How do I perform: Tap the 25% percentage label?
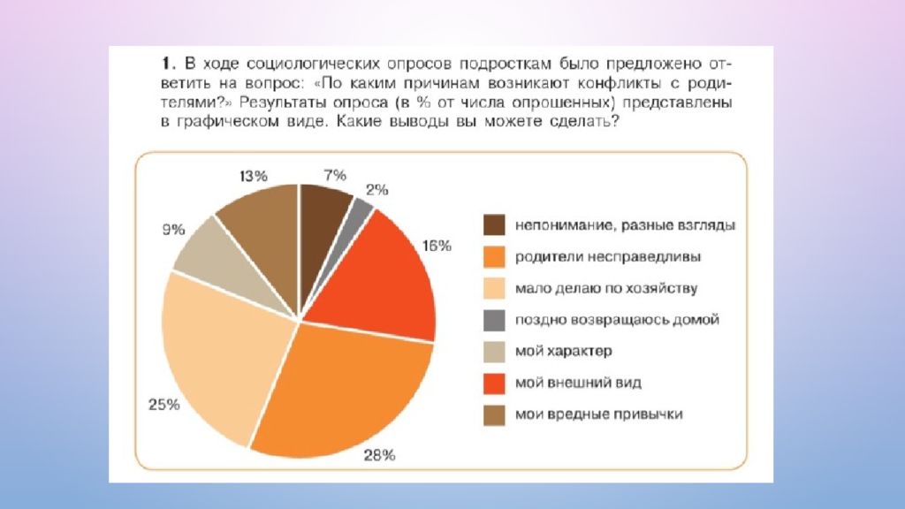[164, 405]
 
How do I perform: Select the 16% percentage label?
[437, 245]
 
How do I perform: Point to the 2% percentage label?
[377, 189]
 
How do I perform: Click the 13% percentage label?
[253, 174]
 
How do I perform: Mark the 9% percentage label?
[173, 230]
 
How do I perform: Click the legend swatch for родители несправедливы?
[494, 257]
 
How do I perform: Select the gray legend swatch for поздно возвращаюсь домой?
[494, 320]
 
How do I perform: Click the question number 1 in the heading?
[165, 65]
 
